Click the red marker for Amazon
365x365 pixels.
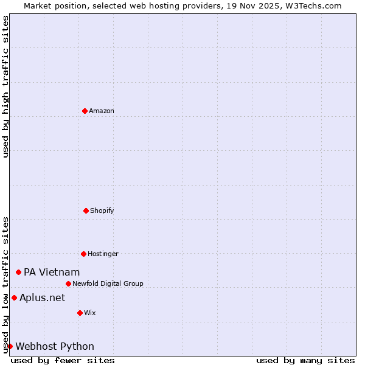click(x=85, y=111)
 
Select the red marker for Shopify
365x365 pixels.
click(x=86, y=210)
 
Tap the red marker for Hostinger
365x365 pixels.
click(x=83, y=254)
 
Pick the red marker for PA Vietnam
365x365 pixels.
click(x=18, y=272)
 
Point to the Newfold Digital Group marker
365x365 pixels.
click(x=68, y=283)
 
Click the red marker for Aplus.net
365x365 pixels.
click(x=14, y=297)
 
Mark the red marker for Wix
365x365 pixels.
click(x=80, y=313)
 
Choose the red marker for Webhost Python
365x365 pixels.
click(x=10, y=346)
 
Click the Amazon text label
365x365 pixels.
click(x=102, y=111)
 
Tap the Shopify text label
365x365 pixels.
click(x=102, y=210)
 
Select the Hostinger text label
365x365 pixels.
click(x=103, y=254)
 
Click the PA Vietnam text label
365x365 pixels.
click(x=52, y=272)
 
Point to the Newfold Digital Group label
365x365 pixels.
click(x=108, y=283)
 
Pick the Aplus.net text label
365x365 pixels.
click(x=42, y=297)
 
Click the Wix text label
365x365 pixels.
click(x=90, y=313)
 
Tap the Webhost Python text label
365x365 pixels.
click(x=55, y=346)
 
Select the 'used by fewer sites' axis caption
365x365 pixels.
click(x=63, y=360)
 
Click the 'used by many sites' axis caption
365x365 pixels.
click(x=305, y=360)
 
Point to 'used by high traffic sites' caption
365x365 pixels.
click(x=5, y=86)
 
